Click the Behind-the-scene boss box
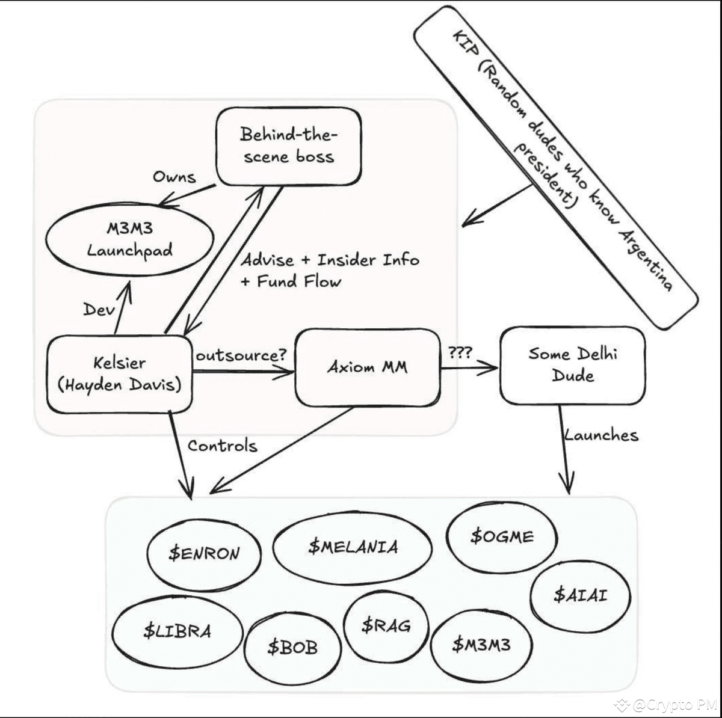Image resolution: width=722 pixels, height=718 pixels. [x=289, y=147]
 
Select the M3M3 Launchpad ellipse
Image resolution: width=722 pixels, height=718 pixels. [x=129, y=240]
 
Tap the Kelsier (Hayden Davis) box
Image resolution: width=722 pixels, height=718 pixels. [x=120, y=374]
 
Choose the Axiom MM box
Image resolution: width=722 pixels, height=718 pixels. [x=368, y=367]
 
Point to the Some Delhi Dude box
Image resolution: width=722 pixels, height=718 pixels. [x=573, y=365]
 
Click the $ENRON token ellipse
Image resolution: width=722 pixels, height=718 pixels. [x=204, y=554]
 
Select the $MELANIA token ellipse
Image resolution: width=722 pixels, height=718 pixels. [x=353, y=547]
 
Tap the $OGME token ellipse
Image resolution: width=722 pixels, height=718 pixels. [x=502, y=537]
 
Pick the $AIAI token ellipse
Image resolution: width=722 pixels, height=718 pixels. [x=581, y=595]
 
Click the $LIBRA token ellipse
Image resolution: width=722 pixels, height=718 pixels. [x=177, y=631]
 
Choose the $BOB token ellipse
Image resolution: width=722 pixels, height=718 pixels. [x=292, y=648]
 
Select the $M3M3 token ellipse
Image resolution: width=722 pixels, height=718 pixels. [x=481, y=645]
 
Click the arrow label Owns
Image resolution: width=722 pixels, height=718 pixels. [x=174, y=177]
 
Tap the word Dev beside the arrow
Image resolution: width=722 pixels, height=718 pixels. [x=99, y=309]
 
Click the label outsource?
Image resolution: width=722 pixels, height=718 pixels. [x=241, y=355]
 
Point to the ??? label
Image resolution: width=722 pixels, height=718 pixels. [x=460, y=352]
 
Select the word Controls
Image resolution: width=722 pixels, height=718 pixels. [x=223, y=446]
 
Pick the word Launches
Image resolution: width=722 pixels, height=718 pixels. [x=601, y=435]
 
